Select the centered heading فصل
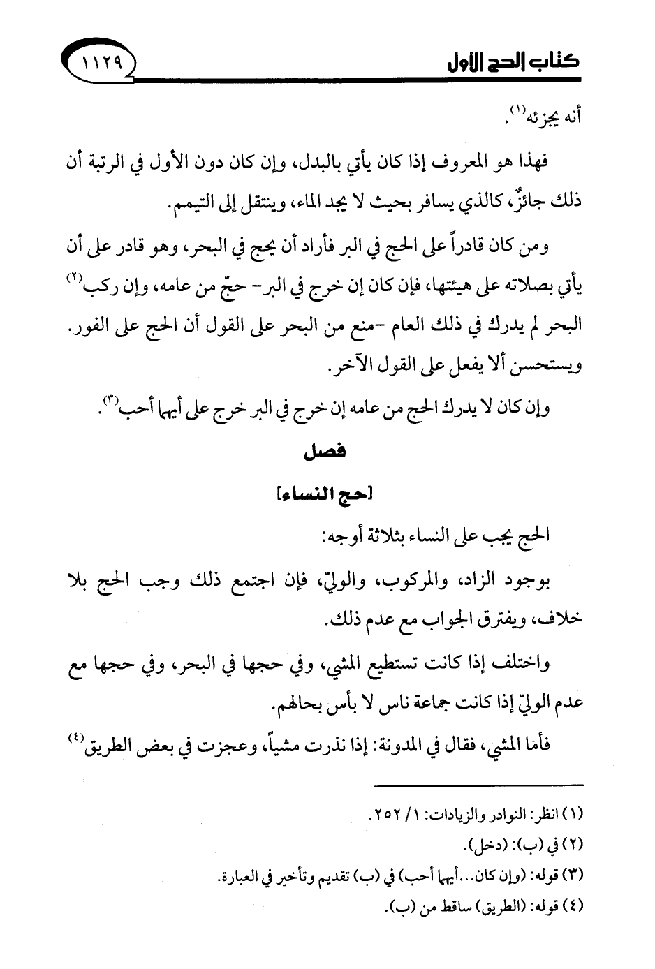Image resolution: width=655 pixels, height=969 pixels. coord(327,452)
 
